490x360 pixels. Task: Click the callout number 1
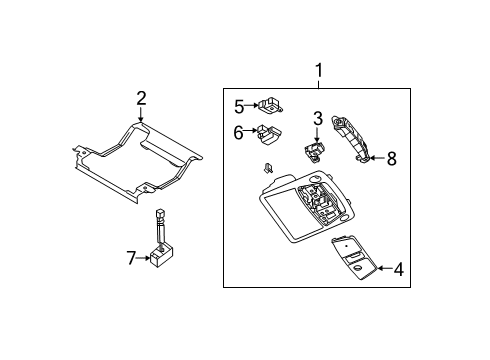click(x=319, y=71)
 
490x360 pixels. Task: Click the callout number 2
click(x=141, y=97)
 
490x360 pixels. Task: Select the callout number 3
click(x=317, y=119)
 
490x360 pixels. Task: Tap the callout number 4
click(x=397, y=268)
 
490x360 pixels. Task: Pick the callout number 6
click(x=239, y=131)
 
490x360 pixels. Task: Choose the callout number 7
click(x=131, y=258)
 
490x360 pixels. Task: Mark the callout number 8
click(x=391, y=157)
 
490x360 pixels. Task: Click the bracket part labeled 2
click(x=135, y=160)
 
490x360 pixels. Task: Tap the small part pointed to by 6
click(x=269, y=133)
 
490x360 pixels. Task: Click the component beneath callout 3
click(x=315, y=151)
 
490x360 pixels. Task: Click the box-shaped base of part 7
click(x=161, y=261)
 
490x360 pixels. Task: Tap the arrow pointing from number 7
click(x=144, y=258)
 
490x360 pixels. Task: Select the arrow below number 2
click(x=141, y=115)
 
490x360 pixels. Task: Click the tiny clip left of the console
click(x=269, y=167)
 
